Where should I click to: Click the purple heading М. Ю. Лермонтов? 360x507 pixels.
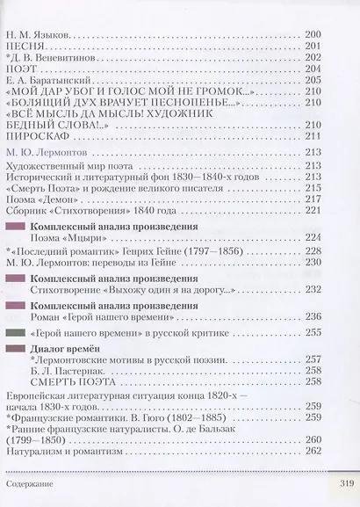coord(47,151)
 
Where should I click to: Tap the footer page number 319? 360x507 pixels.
coord(339,486)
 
